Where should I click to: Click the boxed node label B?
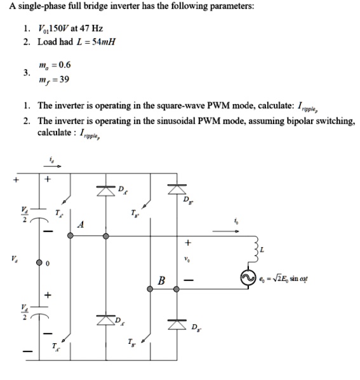tap(162, 280)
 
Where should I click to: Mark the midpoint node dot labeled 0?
tap(39, 262)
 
